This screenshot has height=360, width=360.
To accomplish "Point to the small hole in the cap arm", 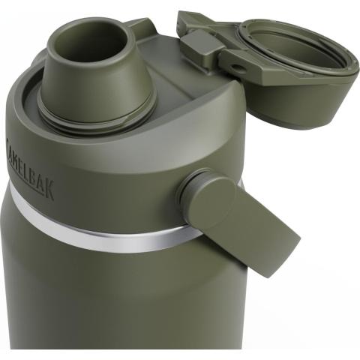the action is coord(235,67).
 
